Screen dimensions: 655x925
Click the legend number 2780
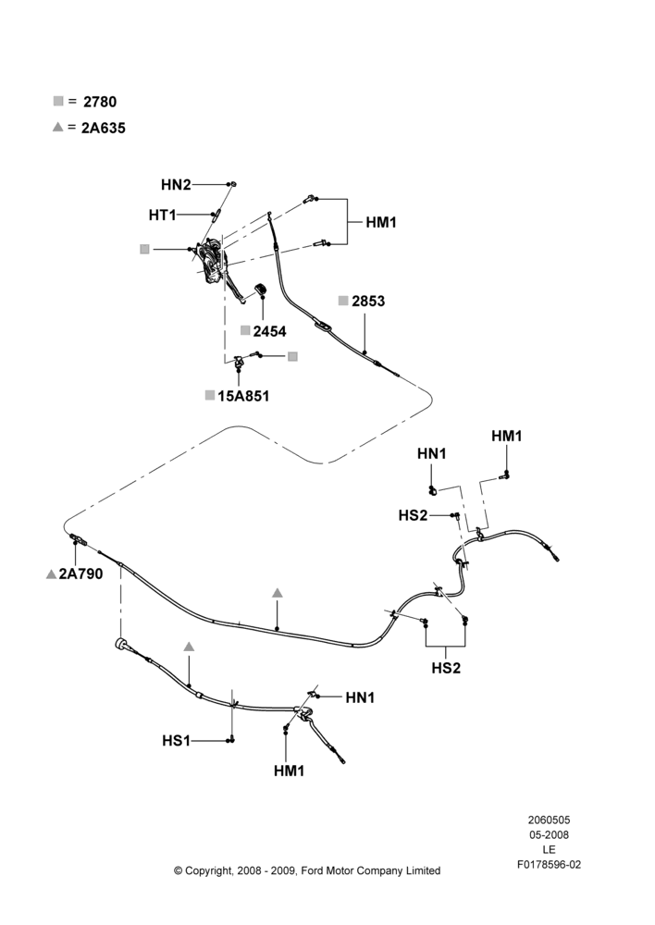(x=100, y=102)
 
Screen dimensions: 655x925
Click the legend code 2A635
(x=104, y=128)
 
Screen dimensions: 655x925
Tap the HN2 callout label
(x=176, y=185)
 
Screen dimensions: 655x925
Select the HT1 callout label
(x=162, y=216)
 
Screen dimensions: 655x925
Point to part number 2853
(x=368, y=301)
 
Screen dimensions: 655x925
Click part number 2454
(x=269, y=331)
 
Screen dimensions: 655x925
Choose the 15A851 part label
(x=243, y=396)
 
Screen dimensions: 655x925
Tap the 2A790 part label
(x=80, y=573)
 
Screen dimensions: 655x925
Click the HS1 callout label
(x=176, y=740)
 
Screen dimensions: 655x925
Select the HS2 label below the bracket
(x=446, y=668)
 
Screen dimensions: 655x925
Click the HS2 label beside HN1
(x=413, y=515)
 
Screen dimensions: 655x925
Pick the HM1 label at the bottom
(x=290, y=771)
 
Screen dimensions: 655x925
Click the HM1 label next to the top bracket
(x=381, y=222)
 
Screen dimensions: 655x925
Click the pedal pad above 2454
(x=261, y=290)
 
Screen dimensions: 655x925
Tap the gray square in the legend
(x=58, y=101)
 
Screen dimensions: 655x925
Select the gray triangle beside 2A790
(x=51, y=574)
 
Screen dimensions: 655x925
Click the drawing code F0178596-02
(x=549, y=865)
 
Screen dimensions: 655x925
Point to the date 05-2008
(x=549, y=834)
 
